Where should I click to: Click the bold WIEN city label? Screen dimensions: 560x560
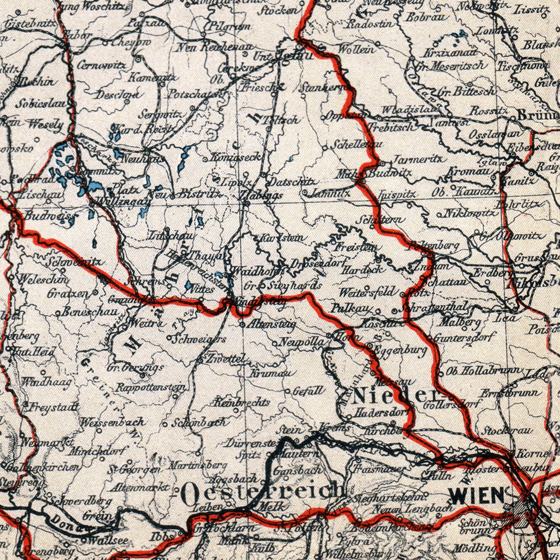click(x=476, y=495)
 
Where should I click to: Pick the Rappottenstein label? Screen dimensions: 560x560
click(x=151, y=387)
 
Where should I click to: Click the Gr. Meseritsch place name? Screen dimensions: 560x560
click(x=452, y=67)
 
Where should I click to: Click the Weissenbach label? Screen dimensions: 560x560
click(x=112, y=422)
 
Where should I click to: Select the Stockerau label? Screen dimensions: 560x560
click(x=507, y=431)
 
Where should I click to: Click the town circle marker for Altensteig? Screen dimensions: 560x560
click(x=243, y=323)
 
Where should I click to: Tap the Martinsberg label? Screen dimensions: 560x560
click(x=190, y=465)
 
